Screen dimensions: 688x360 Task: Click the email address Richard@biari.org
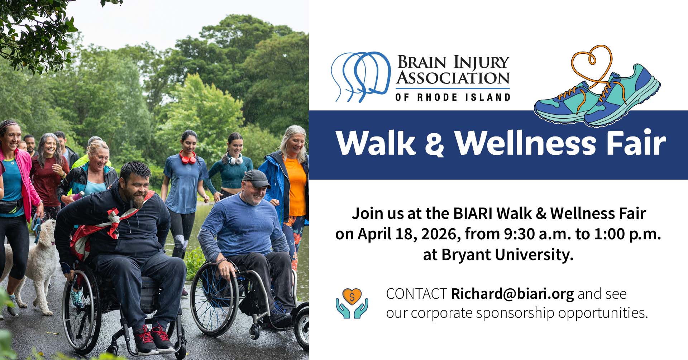coord(512,294)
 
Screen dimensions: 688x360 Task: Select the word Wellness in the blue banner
coord(526,143)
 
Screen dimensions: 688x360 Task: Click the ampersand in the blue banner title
coord(435,144)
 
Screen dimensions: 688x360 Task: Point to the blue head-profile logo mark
coord(360,76)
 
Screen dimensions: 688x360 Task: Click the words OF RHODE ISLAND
coord(453,97)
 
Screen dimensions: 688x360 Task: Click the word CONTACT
coord(416,294)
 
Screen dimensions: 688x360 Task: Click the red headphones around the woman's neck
coord(188,158)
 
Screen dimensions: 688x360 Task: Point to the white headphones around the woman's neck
coord(235,159)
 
